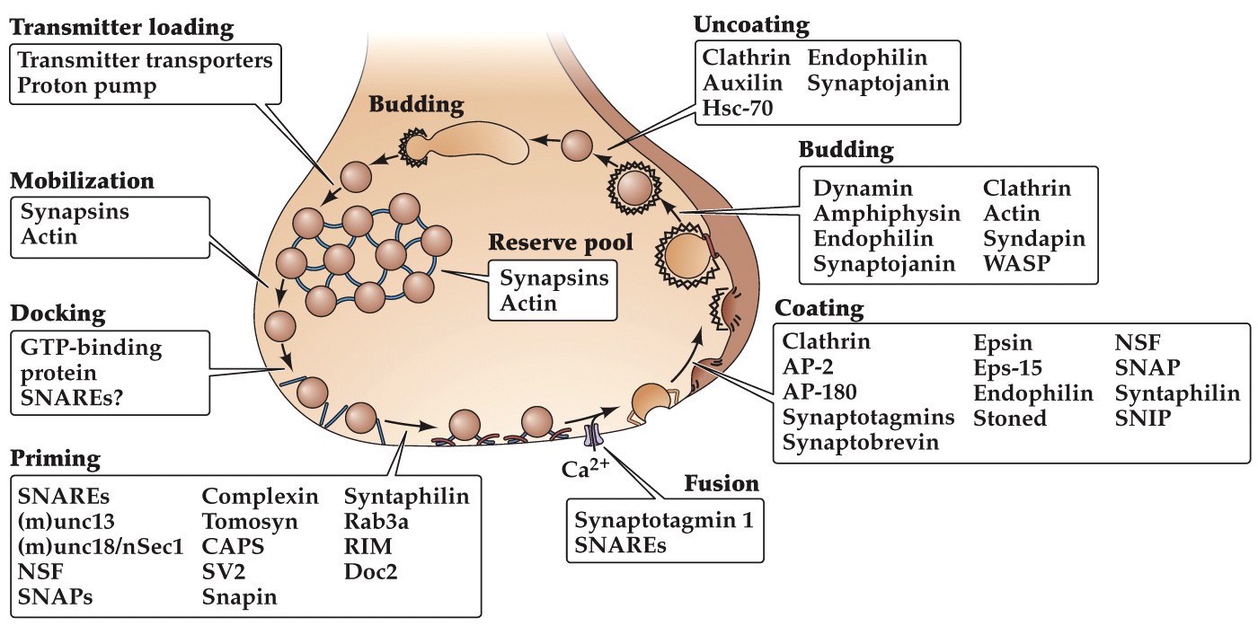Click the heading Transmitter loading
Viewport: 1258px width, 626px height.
pyautogui.click(x=121, y=28)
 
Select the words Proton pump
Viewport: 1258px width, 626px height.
pyautogui.click(x=87, y=87)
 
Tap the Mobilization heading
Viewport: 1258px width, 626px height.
pyautogui.click(x=82, y=181)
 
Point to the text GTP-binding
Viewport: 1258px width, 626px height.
pyautogui.click(x=90, y=348)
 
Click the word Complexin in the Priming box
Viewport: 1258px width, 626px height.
pyautogui.click(x=260, y=496)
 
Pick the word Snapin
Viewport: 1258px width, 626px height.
pyautogui.click(x=239, y=596)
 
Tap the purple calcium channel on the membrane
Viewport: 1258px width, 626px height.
pyautogui.click(x=592, y=437)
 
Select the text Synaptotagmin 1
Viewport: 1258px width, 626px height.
pyautogui.click(x=664, y=520)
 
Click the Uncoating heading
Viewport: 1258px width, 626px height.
pyautogui.click(x=752, y=24)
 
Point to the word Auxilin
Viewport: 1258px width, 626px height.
pyautogui.click(x=742, y=84)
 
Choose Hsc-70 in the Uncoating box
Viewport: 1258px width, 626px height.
pyautogui.click(x=736, y=109)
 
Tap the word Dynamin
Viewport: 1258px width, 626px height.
pyautogui.click(x=863, y=189)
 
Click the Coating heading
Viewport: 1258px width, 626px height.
pyautogui.click(x=819, y=310)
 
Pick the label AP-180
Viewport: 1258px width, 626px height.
pyautogui.click(x=819, y=392)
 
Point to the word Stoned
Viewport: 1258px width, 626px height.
pyautogui.click(x=1010, y=418)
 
